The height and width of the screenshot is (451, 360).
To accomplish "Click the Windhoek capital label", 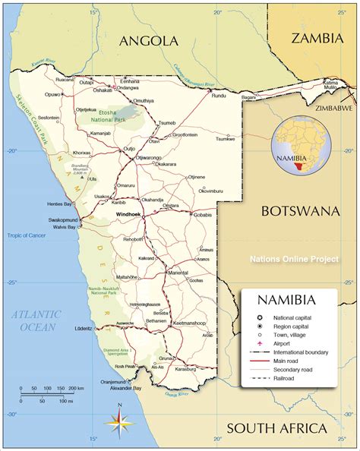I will click(128, 214).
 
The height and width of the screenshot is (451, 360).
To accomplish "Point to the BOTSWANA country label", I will click(299, 210).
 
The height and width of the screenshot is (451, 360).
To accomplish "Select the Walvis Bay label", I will click(62, 227).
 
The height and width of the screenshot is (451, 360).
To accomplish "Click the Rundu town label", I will click(219, 96).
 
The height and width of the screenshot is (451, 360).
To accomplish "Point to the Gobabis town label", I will click(203, 215).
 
